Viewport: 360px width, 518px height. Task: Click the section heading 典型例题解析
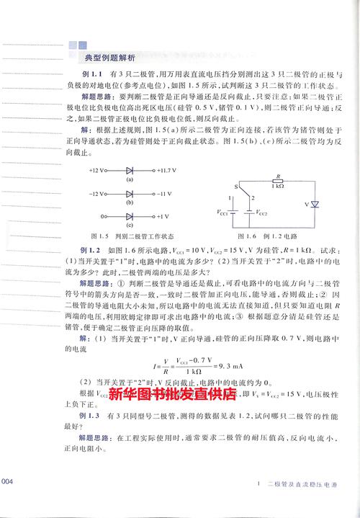tap(109, 58)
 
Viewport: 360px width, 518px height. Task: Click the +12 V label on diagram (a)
tap(98, 171)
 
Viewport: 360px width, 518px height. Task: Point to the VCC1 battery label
tap(217, 213)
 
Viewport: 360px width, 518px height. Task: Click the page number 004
tap(8, 481)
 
